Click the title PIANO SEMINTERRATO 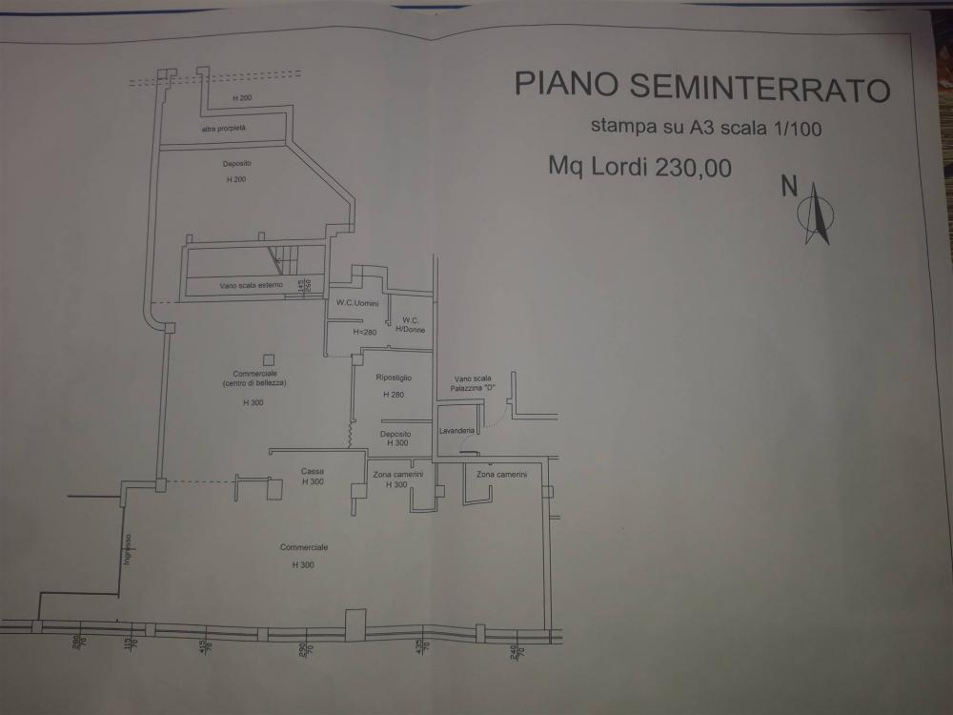702,85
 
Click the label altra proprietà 223,128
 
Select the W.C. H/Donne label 411,324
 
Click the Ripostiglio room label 394,378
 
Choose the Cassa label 312,471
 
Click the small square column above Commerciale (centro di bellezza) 268,359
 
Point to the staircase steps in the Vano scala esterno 286,258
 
